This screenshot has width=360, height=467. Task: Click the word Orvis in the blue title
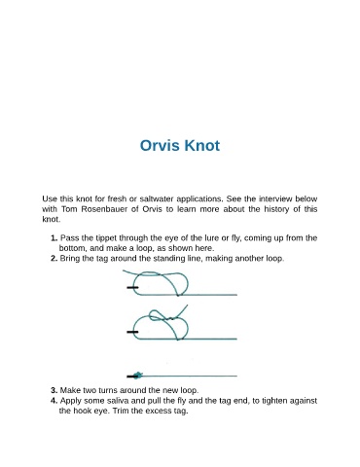click(160, 145)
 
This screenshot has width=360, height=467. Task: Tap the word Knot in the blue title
click(202, 145)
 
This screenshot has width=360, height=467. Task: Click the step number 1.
click(54, 238)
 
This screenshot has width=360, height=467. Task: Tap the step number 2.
click(54, 259)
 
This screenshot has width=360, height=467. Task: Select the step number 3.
click(54, 390)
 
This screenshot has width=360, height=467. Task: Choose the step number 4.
click(54, 401)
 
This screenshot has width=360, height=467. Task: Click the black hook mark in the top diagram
click(132, 288)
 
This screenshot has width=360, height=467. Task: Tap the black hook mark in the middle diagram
click(132, 332)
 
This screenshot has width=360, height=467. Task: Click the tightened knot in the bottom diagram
click(138, 376)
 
